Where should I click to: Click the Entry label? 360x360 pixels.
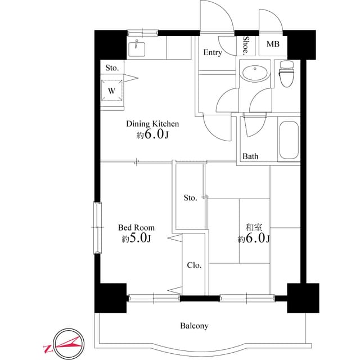point(212,53)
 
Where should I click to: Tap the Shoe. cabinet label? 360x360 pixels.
point(246,45)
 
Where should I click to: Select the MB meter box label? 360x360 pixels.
point(272,44)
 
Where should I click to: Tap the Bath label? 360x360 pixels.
point(250,156)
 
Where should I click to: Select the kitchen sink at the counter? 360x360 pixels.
point(137,49)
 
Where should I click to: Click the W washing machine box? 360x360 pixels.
point(111,90)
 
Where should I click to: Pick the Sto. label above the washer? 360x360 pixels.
point(112,67)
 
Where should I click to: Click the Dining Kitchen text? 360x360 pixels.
point(152,124)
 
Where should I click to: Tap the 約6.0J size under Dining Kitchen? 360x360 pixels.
point(152,135)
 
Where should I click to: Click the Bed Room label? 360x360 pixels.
point(136,228)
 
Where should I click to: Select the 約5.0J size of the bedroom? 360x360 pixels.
point(136,239)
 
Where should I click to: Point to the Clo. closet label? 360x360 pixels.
point(194,265)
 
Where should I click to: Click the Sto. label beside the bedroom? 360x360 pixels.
point(190,197)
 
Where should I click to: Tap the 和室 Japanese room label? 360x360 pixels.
point(254,228)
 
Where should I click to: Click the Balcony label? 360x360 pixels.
point(195,326)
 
